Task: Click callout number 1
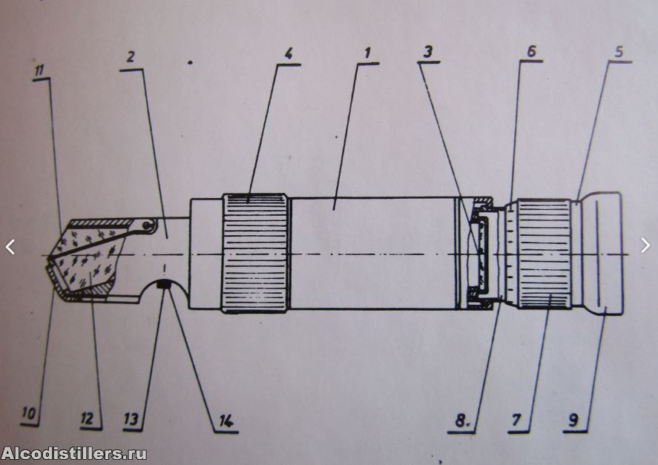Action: (x=368, y=53)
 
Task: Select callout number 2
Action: (x=131, y=57)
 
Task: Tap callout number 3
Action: (x=427, y=52)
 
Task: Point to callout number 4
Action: (x=289, y=54)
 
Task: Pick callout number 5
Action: (x=619, y=51)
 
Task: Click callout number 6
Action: (x=531, y=51)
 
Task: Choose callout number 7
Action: (x=516, y=419)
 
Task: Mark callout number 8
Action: (x=461, y=420)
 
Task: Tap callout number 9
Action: (x=573, y=419)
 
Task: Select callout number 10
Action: (x=28, y=414)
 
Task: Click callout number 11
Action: (x=39, y=70)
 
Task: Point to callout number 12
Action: (x=88, y=418)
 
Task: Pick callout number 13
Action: (x=131, y=418)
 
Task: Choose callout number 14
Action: (x=226, y=421)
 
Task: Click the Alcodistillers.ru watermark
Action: (x=74, y=454)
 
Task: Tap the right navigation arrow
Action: (x=645, y=245)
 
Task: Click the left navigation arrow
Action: (x=10, y=247)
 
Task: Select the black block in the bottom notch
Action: (x=162, y=286)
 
